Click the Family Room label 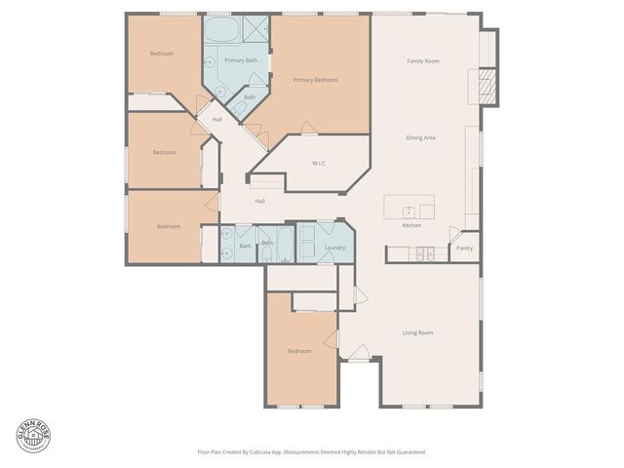(x=422, y=61)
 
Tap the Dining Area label (x=420, y=137)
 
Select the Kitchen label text (x=411, y=225)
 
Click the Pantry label (x=465, y=248)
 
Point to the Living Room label (x=418, y=332)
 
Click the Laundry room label (x=335, y=248)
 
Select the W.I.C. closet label (x=319, y=163)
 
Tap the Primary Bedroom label (x=315, y=80)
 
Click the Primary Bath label (x=241, y=60)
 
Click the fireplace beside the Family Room (x=483, y=87)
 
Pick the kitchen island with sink (x=409, y=208)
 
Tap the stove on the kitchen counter (x=425, y=253)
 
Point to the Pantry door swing (x=454, y=236)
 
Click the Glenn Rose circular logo (x=32, y=434)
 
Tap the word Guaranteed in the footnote (x=409, y=451)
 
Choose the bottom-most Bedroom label (x=299, y=351)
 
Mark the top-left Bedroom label (x=162, y=54)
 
